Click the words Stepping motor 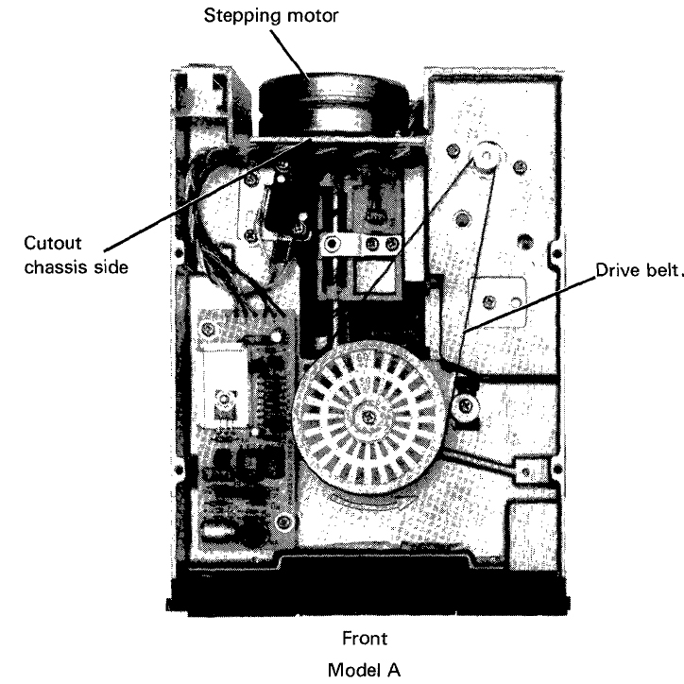[x=271, y=17]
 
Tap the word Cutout [x=53, y=243]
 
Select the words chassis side [x=77, y=267]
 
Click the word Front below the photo [x=365, y=639]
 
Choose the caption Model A [x=364, y=670]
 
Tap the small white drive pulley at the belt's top [x=486, y=155]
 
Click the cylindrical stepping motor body [x=335, y=105]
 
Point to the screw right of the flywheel [x=466, y=407]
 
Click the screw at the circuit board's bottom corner [x=283, y=522]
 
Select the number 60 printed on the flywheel [x=363, y=358]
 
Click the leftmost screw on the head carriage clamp [x=332, y=244]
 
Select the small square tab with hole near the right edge [x=525, y=470]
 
